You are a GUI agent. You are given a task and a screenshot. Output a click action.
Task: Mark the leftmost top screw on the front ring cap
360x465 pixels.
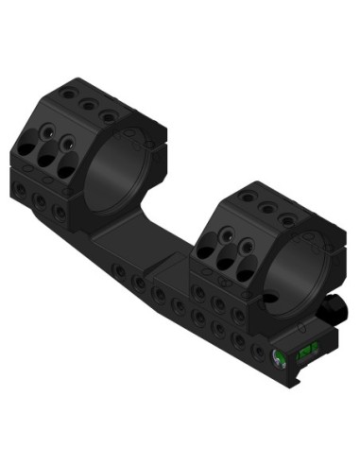point(249,198)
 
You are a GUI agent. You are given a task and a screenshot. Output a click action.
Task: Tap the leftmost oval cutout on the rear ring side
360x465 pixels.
point(26,151)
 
